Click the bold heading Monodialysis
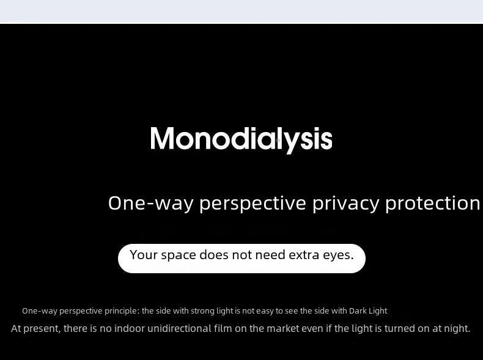[242, 139]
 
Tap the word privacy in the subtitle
[346, 204]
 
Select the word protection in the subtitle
[433, 203]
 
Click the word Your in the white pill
[144, 255]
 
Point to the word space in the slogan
[179, 255]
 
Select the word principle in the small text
[122, 311]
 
